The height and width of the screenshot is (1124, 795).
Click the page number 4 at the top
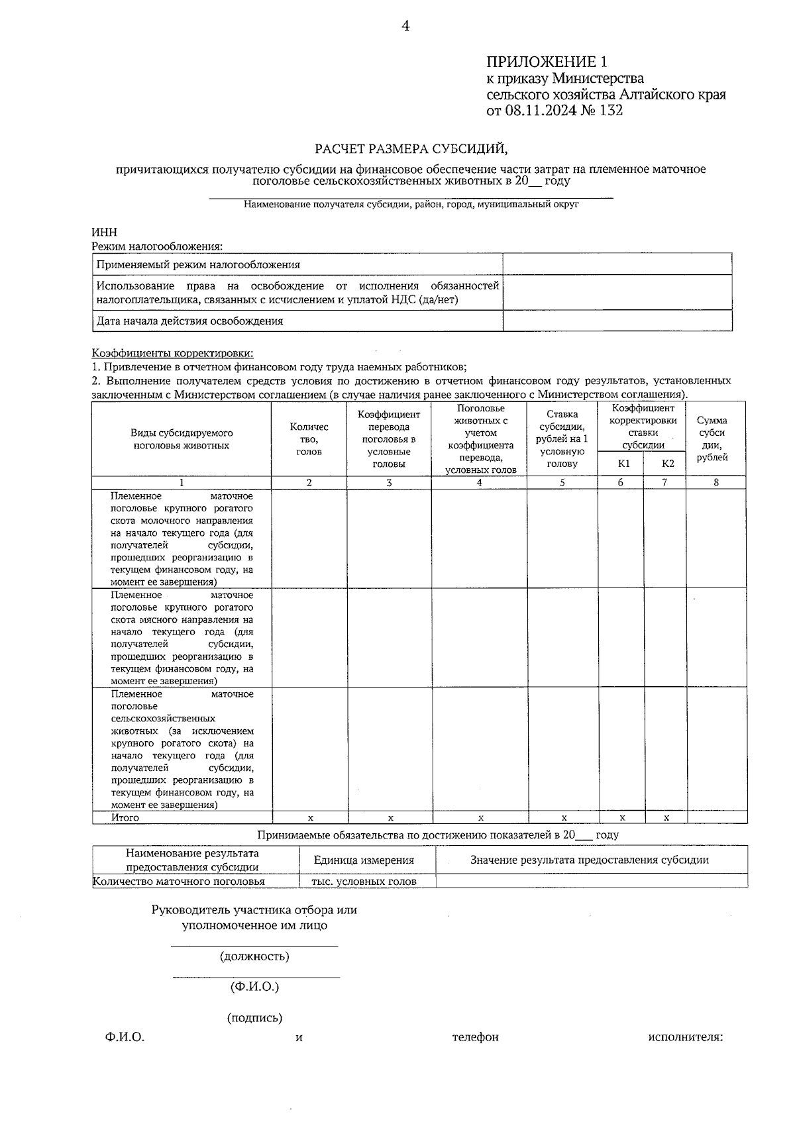coord(405,26)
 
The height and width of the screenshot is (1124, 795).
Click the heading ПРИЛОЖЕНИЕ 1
coord(547,62)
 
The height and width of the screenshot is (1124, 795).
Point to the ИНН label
coord(104,232)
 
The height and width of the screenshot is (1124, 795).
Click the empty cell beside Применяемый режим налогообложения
coord(617,264)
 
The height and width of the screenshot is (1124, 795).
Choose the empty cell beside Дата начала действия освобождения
coord(617,321)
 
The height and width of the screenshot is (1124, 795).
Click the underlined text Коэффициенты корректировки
coord(172,354)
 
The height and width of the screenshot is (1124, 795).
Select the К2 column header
coord(667,464)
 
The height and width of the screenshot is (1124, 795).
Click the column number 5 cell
coord(562,483)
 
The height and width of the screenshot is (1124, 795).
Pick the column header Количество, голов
coord(309,439)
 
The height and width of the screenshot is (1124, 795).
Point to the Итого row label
coord(125,817)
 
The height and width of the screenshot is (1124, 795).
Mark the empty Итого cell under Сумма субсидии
coord(716,817)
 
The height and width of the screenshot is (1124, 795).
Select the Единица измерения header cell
coord(364,860)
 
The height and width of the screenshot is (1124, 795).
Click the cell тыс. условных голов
coord(364,882)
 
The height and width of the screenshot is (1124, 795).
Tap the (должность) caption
coord(254,956)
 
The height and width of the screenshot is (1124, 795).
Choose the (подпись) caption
coord(254,1018)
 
